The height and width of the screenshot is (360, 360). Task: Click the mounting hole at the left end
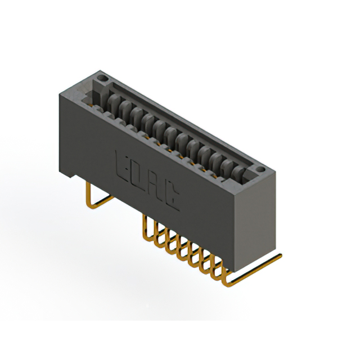coord(102,76)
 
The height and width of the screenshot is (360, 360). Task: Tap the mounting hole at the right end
coord(260,169)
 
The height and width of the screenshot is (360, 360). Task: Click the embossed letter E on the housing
coord(122,163)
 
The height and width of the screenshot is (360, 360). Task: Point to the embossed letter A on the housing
coord(156,185)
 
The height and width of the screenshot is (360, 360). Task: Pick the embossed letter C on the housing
coord(172,196)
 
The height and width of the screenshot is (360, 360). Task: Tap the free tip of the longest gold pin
coord(279,255)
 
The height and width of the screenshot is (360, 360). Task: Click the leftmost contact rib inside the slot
coord(112,102)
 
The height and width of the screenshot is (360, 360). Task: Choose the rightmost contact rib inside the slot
coord(240,169)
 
